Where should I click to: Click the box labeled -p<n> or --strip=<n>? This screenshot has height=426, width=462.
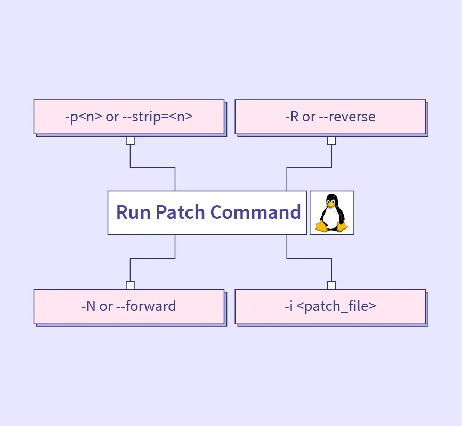pyautogui.click(x=129, y=117)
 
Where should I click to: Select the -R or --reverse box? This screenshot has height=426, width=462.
pyautogui.click(x=330, y=117)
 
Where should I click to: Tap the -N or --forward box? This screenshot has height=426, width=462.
pyautogui.click(x=129, y=306)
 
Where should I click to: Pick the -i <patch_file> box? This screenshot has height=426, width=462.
pyautogui.click(x=330, y=306)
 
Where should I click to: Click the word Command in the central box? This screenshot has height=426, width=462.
pyautogui.click(x=255, y=212)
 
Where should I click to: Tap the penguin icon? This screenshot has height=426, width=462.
pyautogui.click(x=331, y=212)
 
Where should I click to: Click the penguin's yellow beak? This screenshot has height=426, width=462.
pyautogui.click(x=331, y=203)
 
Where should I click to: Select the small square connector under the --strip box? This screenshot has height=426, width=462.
pyautogui.click(x=130, y=141)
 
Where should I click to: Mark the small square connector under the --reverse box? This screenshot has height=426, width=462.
pyautogui.click(x=331, y=141)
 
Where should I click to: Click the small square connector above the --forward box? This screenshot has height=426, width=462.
pyautogui.click(x=130, y=285)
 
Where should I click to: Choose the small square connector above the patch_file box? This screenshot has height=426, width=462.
pyautogui.click(x=331, y=285)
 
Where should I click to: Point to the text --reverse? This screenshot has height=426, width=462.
pyautogui.click(x=347, y=117)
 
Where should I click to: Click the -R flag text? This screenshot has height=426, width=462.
pyautogui.click(x=292, y=117)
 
